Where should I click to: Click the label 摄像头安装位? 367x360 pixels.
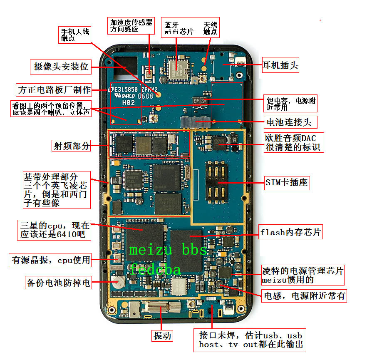click(x=61, y=67)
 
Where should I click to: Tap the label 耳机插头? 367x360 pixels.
click(x=280, y=66)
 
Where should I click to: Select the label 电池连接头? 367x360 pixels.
click(x=291, y=122)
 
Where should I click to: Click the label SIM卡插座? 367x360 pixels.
click(x=288, y=182)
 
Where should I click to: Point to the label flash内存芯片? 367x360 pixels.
click(x=290, y=232)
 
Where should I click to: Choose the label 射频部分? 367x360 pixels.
click(x=71, y=146)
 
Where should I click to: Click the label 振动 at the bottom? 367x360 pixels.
click(x=162, y=336)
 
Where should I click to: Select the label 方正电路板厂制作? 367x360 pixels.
click(x=55, y=89)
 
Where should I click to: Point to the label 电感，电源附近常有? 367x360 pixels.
click(x=304, y=296)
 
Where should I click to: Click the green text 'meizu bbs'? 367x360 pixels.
click(x=168, y=250)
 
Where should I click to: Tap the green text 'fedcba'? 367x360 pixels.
click(x=155, y=269)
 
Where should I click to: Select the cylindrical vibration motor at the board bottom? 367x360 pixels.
click(x=155, y=308)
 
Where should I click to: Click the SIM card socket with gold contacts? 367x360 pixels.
click(x=216, y=179)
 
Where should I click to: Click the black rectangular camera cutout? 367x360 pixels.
click(x=124, y=66)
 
